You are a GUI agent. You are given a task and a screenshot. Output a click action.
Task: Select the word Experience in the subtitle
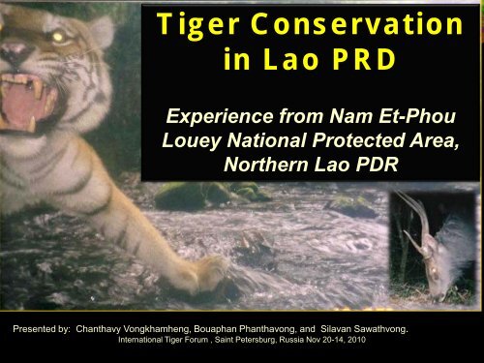[221, 123]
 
